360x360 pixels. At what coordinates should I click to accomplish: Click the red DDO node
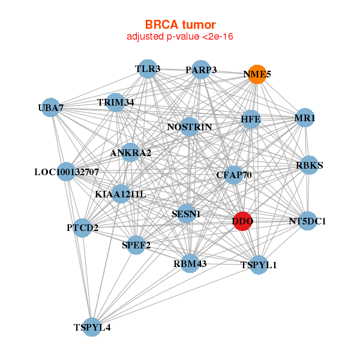coord(242,221)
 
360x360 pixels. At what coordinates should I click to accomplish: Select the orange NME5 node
coord(257,74)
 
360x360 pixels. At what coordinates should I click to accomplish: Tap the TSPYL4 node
coord(92,327)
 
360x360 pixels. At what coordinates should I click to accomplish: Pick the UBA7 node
coord(51,107)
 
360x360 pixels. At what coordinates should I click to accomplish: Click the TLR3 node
coord(148,69)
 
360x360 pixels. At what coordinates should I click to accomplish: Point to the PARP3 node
coord(201,70)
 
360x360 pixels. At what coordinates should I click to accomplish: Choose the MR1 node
coord(305,119)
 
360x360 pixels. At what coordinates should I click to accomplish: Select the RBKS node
coord(309,166)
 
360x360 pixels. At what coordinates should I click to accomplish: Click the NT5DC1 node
coord(307,221)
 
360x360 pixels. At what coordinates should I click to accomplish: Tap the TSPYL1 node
coord(259,265)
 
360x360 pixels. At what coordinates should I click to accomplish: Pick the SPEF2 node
coord(136,245)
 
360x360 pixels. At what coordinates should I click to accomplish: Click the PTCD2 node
coord(82,228)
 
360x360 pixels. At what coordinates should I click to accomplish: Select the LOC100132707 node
coord(67,172)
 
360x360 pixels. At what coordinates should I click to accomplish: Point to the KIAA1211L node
coord(121,194)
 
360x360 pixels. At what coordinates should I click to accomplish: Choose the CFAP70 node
coord(233,175)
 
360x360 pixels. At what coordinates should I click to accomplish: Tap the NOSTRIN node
coord(190,127)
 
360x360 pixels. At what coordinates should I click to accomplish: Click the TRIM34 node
coord(116,103)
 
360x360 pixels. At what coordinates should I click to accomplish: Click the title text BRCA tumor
coord(180,25)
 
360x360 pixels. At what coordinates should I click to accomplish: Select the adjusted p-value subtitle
coord(180,37)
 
